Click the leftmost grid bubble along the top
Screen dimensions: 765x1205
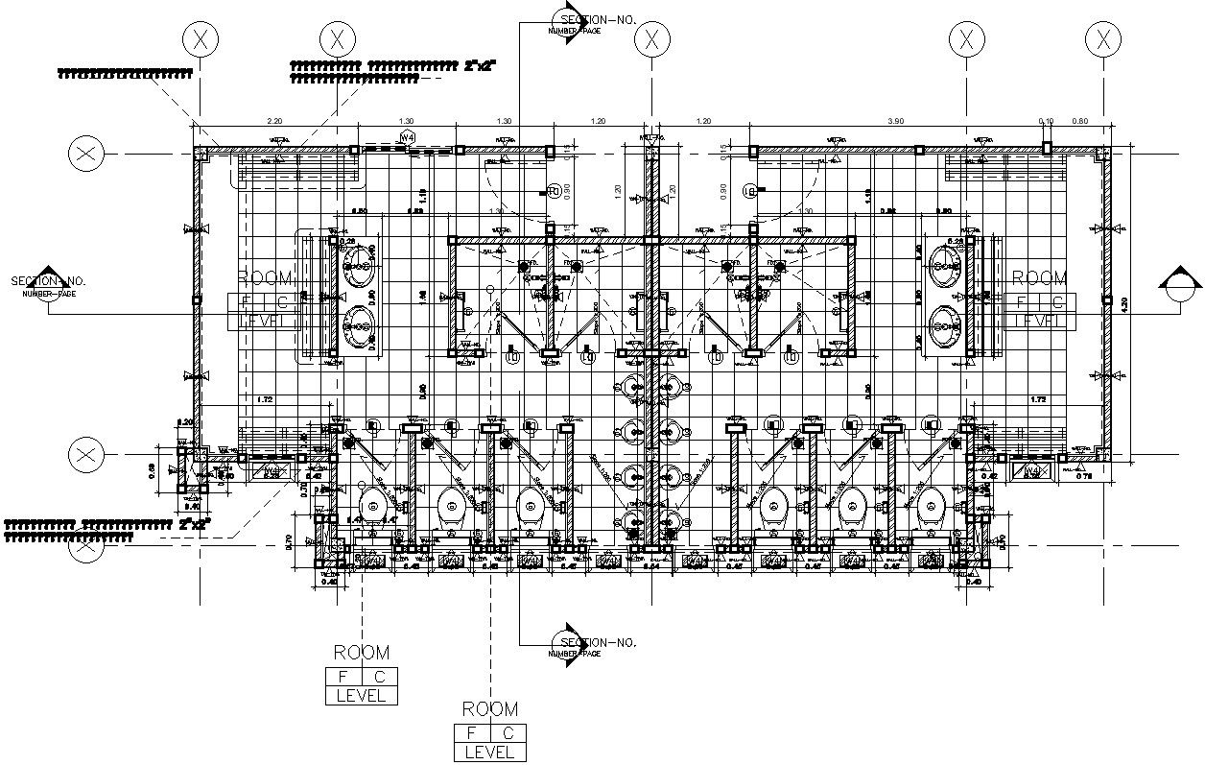(200, 40)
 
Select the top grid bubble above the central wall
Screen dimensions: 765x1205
(651, 40)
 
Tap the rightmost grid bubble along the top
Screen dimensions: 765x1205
(1103, 40)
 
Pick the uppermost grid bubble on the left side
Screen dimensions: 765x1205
(86, 153)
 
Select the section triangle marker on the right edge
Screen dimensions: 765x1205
(1180, 284)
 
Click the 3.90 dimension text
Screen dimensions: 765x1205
(895, 122)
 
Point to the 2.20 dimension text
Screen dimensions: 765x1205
(274, 122)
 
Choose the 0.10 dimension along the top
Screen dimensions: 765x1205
(1046, 122)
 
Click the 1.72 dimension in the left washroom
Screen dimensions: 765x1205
(267, 398)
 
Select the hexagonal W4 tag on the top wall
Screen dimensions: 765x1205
(408, 137)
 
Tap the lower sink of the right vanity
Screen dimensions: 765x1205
(944, 327)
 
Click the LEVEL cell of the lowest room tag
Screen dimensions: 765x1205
(489, 753)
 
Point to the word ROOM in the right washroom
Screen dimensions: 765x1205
(1039, 278)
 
